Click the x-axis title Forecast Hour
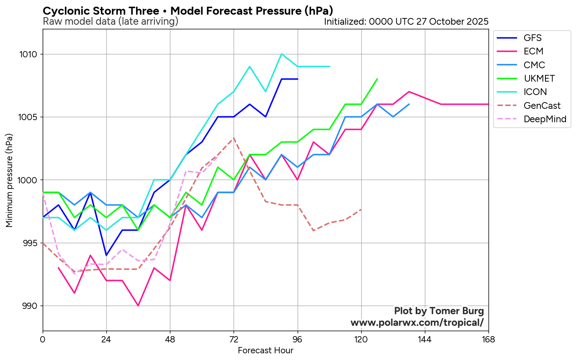[265, 350]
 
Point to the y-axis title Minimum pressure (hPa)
[9, 180]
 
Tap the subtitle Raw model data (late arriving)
[111, 21]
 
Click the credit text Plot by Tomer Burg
[439, 311]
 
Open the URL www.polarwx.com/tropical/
[417, 323]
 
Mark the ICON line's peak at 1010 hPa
[282, 54]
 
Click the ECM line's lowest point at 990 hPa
[138, 306]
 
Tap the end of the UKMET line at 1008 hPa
[377, 79]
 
